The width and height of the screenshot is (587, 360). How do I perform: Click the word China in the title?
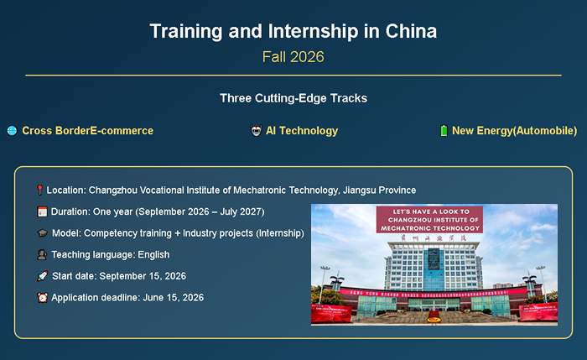[x=411, y=32]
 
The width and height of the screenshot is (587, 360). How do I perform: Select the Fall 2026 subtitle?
[x=293, y=57]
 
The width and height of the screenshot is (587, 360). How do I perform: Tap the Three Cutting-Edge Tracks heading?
[x=293, y=98]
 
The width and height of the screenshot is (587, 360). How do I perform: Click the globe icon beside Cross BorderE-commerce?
[x=12, y=131]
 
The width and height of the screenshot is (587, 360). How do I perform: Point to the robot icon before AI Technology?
[x=257, y=131]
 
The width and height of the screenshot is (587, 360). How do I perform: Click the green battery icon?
[x=444, y=131]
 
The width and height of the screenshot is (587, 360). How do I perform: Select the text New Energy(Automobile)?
[x=514, y=131]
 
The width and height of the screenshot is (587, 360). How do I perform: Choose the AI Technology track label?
[x=302, y=131]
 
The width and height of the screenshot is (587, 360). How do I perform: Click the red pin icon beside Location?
[x=39, y=190]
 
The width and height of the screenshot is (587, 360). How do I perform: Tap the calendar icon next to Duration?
[x=42, y=212]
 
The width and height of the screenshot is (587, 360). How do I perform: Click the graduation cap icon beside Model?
[x=42, y=233]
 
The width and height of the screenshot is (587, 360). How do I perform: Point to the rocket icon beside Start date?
[x=42, y=276]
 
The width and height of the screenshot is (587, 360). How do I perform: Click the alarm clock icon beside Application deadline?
[x=42, y=297]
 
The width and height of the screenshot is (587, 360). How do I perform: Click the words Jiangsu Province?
[x=376, y=190]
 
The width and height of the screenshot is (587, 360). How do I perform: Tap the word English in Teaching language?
[x=152, y=254]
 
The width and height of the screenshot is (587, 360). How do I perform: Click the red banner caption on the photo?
[x=429, y=220]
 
